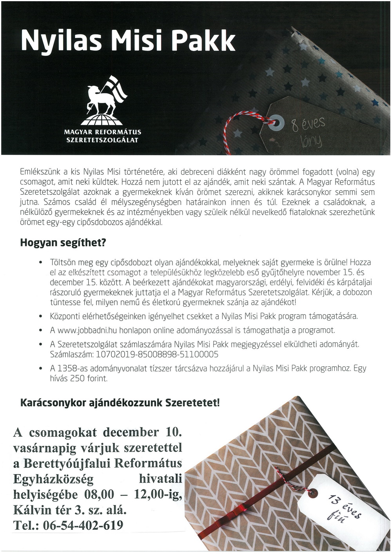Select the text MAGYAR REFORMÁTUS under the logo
(103, 132)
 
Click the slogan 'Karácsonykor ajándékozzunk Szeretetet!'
(120, 403)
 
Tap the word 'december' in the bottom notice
(131, 433)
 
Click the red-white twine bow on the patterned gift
(284, 476)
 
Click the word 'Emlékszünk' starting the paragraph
(38, 172)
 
